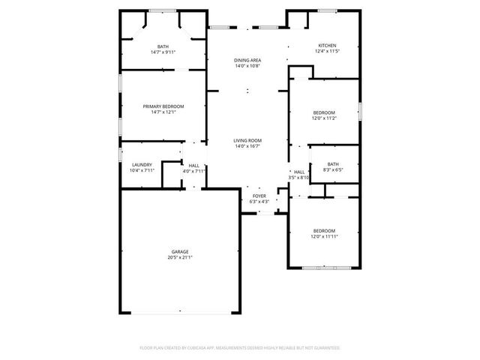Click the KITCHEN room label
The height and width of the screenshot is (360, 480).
(328, 46)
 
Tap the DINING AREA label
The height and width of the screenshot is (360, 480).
(247, 60)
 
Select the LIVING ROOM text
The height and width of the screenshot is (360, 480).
(247, 140)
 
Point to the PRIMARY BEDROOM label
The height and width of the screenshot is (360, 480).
(163, 106)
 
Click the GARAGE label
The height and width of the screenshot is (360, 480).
(179, 251)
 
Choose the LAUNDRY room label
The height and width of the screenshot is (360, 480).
(142, 165)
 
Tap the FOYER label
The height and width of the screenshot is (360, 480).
(259, 196)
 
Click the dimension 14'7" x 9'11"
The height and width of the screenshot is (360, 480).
(163, 52)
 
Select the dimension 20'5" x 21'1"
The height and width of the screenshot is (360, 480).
(179, 257)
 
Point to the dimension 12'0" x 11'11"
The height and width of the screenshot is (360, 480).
(324, 236)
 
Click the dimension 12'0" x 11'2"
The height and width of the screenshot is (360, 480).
(324, 118)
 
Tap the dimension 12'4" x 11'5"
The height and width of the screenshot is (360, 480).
(328, 52)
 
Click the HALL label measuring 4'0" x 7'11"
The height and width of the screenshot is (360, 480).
(193, 165)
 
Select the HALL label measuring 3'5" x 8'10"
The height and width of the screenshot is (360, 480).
(298, 172)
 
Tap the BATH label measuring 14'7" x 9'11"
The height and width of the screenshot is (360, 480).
(163, 46)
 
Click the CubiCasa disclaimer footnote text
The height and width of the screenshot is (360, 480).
(240, 348)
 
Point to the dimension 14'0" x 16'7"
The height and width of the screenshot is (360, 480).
(247, 146)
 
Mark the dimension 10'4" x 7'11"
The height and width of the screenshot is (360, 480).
(142, 171)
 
